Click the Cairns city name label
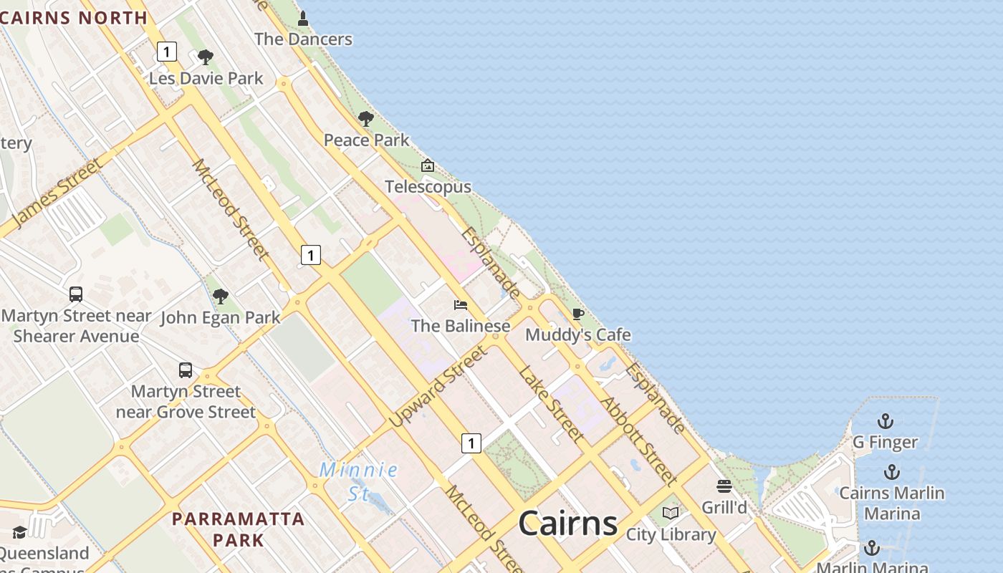click(567, 523)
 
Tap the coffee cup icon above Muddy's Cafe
click(578, 314)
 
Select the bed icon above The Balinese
click(461, 305)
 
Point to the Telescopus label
click(428, 187)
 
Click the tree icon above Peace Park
click(366, 119)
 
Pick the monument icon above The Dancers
click(303, 18)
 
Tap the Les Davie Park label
click(206, 78)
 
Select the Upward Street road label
click(439, 386)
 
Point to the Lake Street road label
click(550, 403)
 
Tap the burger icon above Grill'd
click(724, 487)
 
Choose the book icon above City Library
click(671, 514)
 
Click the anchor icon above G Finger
click(886, 421)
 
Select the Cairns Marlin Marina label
click(891, 503)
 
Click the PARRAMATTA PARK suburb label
click(239, 529)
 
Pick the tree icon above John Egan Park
click(221, 296)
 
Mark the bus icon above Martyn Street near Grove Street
click(186, 370)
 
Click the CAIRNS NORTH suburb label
click(74, 18)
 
